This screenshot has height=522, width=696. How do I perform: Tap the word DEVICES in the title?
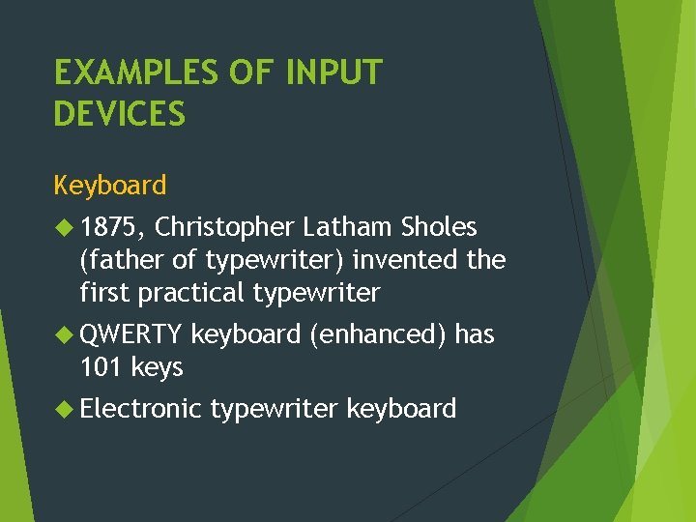click(120, 115)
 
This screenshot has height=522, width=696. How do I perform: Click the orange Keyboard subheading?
click(110, 185)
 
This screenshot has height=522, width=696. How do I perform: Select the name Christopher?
click(224, 228)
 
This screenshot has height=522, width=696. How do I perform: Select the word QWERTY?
click(131, 335)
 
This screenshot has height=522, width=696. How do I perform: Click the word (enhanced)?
click(378, 335)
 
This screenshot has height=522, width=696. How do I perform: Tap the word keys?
click(157, 368)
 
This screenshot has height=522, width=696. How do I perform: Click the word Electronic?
click(141, 409)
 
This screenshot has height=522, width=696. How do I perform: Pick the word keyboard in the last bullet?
click(401, 410)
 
